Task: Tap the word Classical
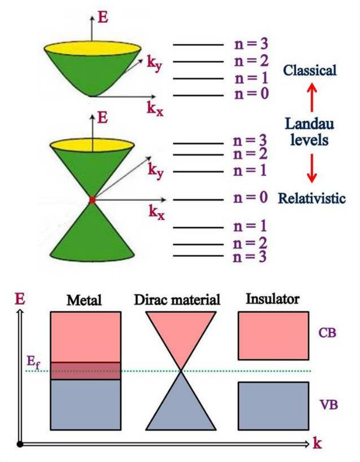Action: coord(310,70)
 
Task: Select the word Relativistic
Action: coord(312,198)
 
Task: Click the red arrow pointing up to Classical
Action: coord(312,96)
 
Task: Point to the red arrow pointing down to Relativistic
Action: coord(312,168)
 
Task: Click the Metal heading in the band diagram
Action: coord(84,300)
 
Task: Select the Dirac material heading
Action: coord(177,300)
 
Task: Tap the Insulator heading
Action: coord(273,299)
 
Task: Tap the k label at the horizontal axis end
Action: coord(317,443)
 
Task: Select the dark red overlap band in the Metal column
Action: coord(85,371)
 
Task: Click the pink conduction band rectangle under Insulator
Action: coord(273,336)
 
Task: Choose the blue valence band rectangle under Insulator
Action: coord(273,406)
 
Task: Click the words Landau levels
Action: coord(310,132)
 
